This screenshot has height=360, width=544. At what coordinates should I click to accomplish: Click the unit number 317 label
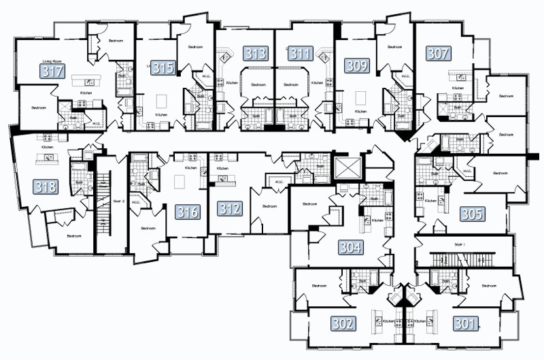coord(53,72)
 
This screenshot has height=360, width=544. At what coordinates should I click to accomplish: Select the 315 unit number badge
coord(164,67)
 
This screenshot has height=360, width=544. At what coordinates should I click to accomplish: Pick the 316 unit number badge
coord(187,212)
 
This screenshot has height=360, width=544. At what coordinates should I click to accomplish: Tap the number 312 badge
coord(229,208)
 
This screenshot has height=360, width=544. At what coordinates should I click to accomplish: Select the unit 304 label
coord(352,247)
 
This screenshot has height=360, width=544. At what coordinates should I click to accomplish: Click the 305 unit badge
coord(471,214)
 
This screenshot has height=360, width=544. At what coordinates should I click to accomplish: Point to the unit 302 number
coord(343,324)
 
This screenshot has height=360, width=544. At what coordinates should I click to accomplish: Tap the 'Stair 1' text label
coord(463,243)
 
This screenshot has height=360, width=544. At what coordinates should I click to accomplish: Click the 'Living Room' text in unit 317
coord(52,61)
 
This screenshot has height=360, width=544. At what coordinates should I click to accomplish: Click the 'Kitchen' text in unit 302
coord(388,321)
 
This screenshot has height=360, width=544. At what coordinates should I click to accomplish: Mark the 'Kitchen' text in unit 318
coord(47,147)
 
